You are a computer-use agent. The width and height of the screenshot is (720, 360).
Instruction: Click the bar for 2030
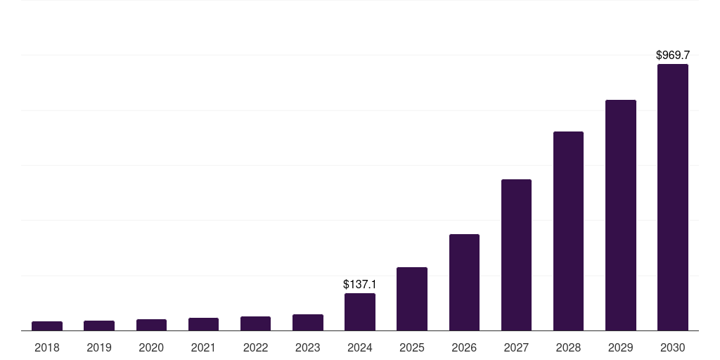tap(672, 197)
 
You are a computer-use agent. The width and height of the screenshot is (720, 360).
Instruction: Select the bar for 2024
tap(360, 311)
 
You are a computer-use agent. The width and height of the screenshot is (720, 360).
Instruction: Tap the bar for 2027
tap(516, 255)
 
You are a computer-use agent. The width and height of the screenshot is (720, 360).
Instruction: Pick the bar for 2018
tap(47, 326)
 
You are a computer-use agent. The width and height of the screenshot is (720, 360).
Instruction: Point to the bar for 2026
tap(464, 282)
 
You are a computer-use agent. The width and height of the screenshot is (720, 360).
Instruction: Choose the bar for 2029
tap(620, 215)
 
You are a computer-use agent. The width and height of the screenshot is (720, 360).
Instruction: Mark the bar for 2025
tap(412, 299)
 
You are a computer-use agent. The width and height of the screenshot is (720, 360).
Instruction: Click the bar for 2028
tap(568, 231)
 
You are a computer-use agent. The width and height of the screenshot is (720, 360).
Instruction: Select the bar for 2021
tap(203, 324)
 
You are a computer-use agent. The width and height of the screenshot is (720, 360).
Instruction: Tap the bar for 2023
tap(308, 322)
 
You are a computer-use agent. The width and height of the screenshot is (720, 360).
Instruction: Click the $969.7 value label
tap(673, 55)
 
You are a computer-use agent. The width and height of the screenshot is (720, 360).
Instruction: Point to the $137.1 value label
tap(360, 285)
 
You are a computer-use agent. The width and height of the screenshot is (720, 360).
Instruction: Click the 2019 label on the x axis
tap(99, 347)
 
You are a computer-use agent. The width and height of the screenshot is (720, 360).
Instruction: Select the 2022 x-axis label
tap(255, 347)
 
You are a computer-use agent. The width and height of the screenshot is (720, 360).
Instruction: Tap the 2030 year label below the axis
tap(672, 347)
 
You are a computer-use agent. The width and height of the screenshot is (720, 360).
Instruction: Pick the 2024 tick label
tap(360, 347)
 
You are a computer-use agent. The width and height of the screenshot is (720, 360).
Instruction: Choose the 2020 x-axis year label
tap(151, 347)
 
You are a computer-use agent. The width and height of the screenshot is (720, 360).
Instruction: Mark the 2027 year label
tap(516, 347)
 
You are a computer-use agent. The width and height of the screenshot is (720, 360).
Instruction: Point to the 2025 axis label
tap(412, 347)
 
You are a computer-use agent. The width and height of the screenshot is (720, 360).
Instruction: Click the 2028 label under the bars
tap(568, 347)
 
